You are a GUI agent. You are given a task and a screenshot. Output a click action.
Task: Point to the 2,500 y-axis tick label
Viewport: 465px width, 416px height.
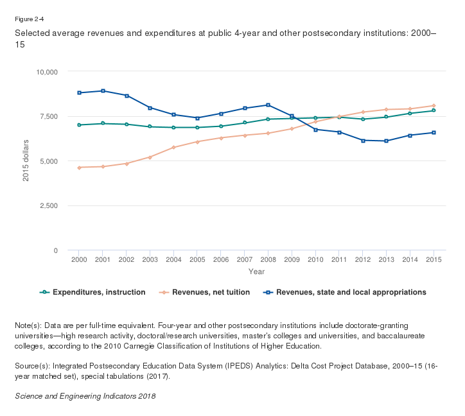point(48,205)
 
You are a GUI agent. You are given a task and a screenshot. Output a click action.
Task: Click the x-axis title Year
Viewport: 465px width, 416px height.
point(256,272)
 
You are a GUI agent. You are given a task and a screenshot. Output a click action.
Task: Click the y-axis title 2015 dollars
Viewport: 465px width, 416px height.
point(26,160)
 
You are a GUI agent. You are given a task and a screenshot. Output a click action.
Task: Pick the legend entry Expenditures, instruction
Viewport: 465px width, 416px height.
point(99,292)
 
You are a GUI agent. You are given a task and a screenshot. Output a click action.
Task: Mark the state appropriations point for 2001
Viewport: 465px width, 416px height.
point(102,91)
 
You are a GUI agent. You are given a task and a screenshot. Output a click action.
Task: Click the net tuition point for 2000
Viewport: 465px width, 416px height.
point(78,168)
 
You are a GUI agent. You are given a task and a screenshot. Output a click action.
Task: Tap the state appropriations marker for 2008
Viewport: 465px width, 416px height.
point(268,105)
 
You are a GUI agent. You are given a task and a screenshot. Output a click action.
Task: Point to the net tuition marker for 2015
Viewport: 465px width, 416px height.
point(434,105)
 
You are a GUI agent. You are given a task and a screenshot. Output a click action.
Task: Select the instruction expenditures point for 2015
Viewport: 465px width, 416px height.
point(434,110)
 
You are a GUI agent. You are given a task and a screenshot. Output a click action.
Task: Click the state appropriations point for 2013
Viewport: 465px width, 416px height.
point(386,141)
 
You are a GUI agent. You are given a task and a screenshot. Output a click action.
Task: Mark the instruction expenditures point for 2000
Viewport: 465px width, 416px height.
point(78,125)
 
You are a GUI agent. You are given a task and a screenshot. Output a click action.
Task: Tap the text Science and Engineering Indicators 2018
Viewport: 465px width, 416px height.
point(85,396)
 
